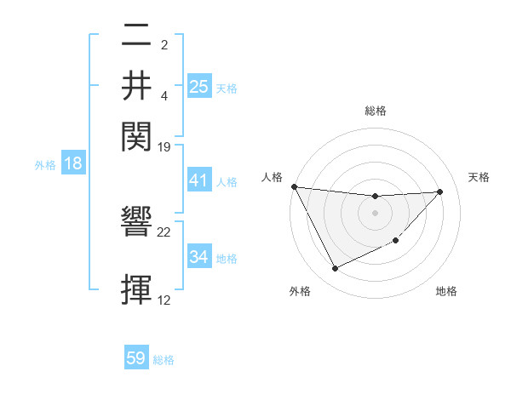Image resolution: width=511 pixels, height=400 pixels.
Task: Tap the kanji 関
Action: (x=136, y=135)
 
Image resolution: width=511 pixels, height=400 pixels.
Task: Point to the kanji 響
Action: (x=136, y=225)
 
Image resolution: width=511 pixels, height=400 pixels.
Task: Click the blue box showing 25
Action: (x=198, y=87)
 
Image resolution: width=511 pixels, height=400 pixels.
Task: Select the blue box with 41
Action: (x=198, y=180)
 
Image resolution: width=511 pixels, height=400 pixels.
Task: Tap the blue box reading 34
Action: (x=198, y=257)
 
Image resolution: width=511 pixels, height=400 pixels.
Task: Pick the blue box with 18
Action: (x=72, y=163)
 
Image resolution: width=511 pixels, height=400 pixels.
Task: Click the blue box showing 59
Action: (x=136, y=358)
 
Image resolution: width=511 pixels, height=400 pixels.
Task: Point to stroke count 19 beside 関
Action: (x=164, y=146)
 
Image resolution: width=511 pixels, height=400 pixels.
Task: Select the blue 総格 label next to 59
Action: (x=164, y=360)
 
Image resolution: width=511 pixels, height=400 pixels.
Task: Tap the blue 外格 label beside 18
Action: (x=45, y=164)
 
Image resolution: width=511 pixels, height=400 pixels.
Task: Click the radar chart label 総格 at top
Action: (x=375, y=111)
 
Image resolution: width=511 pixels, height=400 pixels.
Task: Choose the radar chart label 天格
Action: (x=479, y=177)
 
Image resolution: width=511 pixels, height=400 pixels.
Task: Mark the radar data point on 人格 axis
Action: (x=294, y=186)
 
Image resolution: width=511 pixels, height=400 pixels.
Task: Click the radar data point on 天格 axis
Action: (x=440, y=191)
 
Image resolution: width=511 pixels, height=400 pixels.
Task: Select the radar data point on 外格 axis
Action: (x=335, y=269)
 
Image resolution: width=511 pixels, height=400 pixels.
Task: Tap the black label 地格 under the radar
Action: (x=446, y=291)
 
